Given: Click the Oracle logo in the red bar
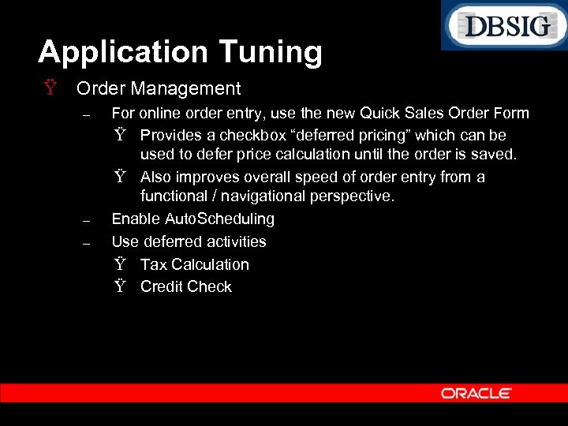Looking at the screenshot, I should pos(476,393).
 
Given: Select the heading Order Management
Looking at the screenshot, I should pos(159,88).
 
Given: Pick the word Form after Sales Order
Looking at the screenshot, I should pos(510,113).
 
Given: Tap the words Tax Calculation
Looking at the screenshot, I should pos(194,264).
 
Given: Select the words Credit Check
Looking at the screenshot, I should pos(186,286).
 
